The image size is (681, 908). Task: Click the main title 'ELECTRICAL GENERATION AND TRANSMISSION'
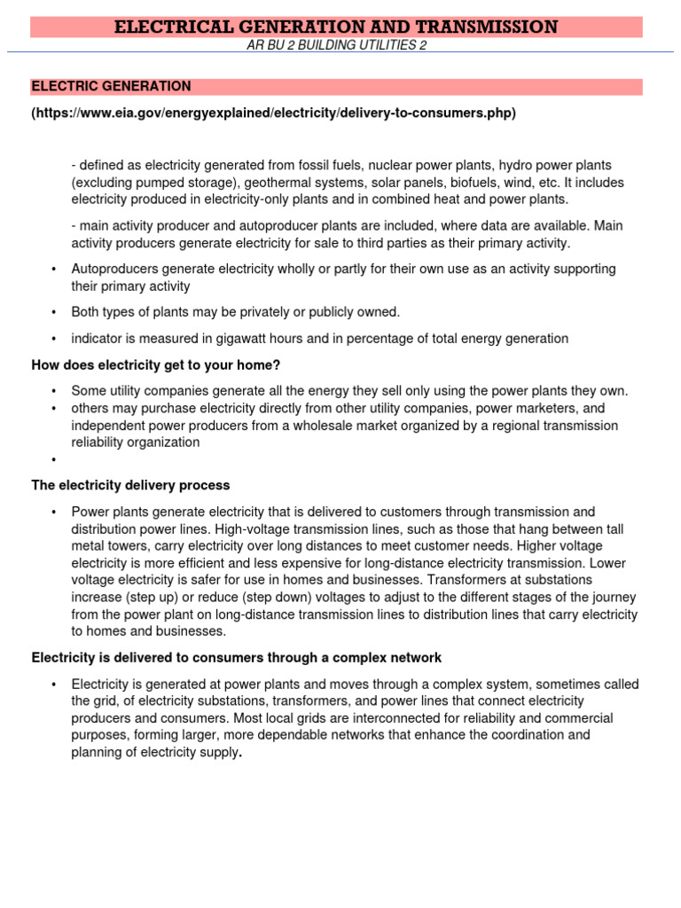336,27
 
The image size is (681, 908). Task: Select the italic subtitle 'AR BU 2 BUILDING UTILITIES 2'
336,45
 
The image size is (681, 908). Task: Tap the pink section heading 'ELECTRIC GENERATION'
111,86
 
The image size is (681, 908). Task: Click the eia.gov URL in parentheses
273,113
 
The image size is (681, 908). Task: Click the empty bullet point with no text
54,459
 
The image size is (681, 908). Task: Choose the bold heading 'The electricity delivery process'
130,485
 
